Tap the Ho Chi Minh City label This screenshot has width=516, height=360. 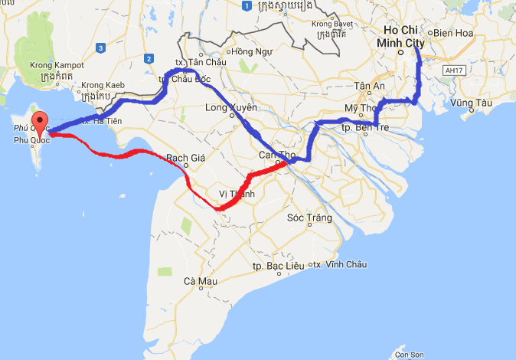click(400, 37)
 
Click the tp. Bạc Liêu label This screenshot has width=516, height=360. click(279, 265)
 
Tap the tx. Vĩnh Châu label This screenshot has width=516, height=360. click(339, 265)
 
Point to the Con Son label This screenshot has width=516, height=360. click(409, 355)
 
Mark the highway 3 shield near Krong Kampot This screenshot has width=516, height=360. click(100, 48)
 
